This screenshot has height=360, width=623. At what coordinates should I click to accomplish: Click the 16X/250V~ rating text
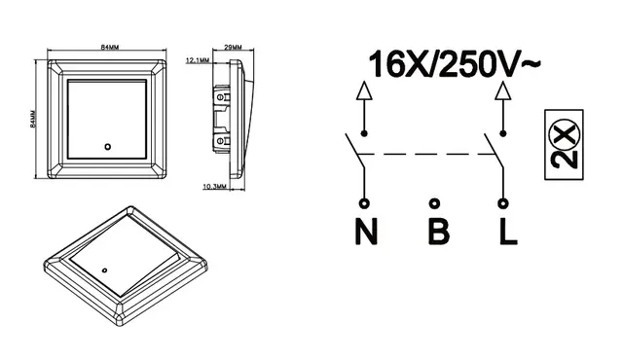[455, 64]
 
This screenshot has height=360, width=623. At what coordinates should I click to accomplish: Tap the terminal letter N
[366, 232]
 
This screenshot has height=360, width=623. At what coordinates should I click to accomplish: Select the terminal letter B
[439, 232]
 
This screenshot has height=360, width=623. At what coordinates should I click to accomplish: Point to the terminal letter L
[508, 232]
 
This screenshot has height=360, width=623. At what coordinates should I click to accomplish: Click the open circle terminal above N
[364, 203]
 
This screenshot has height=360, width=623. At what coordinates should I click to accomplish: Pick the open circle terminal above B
[435, 203]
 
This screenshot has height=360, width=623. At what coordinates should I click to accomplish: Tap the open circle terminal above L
[503, 203]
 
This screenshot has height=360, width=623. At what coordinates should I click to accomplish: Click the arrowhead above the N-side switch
[364, 90]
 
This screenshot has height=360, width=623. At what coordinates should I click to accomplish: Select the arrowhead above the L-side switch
[503, 90]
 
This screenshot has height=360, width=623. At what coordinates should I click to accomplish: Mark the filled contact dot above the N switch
[364, 133]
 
